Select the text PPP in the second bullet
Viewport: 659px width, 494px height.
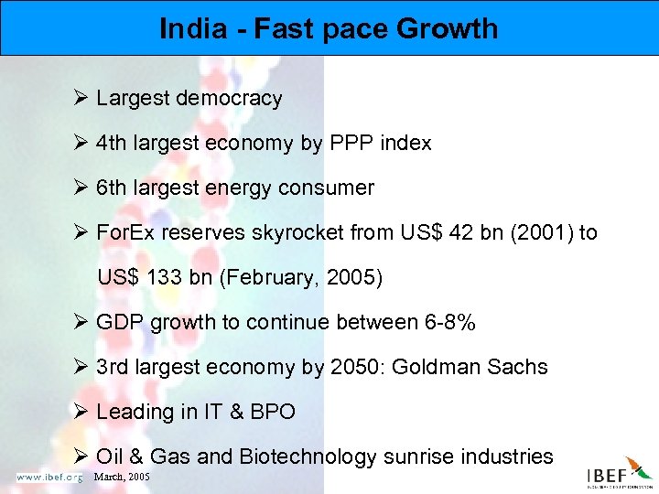346,144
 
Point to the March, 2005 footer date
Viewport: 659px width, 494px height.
122,477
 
